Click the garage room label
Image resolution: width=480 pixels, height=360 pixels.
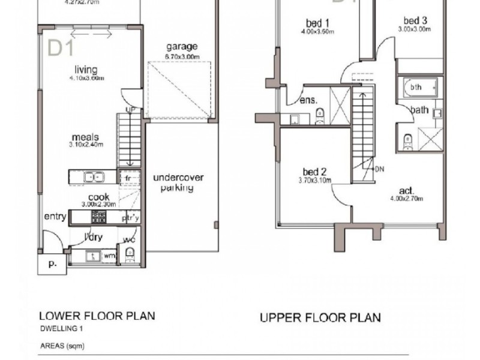coord(182,47)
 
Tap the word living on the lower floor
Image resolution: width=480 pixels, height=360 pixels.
coord(86,70)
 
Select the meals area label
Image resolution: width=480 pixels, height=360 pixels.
coord(86,137)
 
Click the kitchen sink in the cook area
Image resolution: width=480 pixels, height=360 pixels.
coord(93,177)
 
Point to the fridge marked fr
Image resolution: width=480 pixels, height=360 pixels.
coord(129,178)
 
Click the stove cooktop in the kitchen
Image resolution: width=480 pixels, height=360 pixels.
coord(98,217)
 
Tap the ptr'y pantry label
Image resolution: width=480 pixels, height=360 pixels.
coord(130,218)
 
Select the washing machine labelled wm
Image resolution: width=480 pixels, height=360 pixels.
coord(109,256)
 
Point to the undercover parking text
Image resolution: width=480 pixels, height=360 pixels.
coord(178,182)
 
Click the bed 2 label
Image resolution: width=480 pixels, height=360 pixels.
coord(314,172)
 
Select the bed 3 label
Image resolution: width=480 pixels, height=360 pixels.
coord(415,20)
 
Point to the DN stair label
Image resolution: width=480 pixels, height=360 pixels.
coord(379,169)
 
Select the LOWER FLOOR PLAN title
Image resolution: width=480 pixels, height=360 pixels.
coord(97,316)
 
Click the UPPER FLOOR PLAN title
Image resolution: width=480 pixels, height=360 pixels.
coord(320,317)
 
